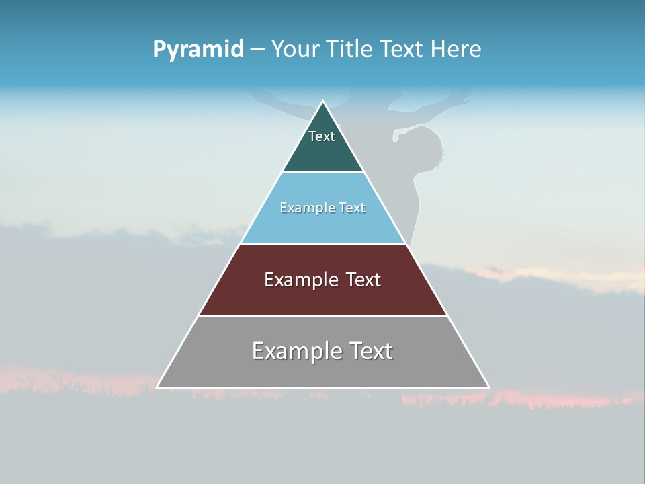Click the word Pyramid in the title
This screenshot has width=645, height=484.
pos(198,50)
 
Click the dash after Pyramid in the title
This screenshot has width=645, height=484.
pos(257,50)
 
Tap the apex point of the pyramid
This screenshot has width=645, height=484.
pos(322,102)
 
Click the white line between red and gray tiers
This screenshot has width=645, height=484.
pos(322,315)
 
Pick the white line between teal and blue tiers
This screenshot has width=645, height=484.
pos(322,172)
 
